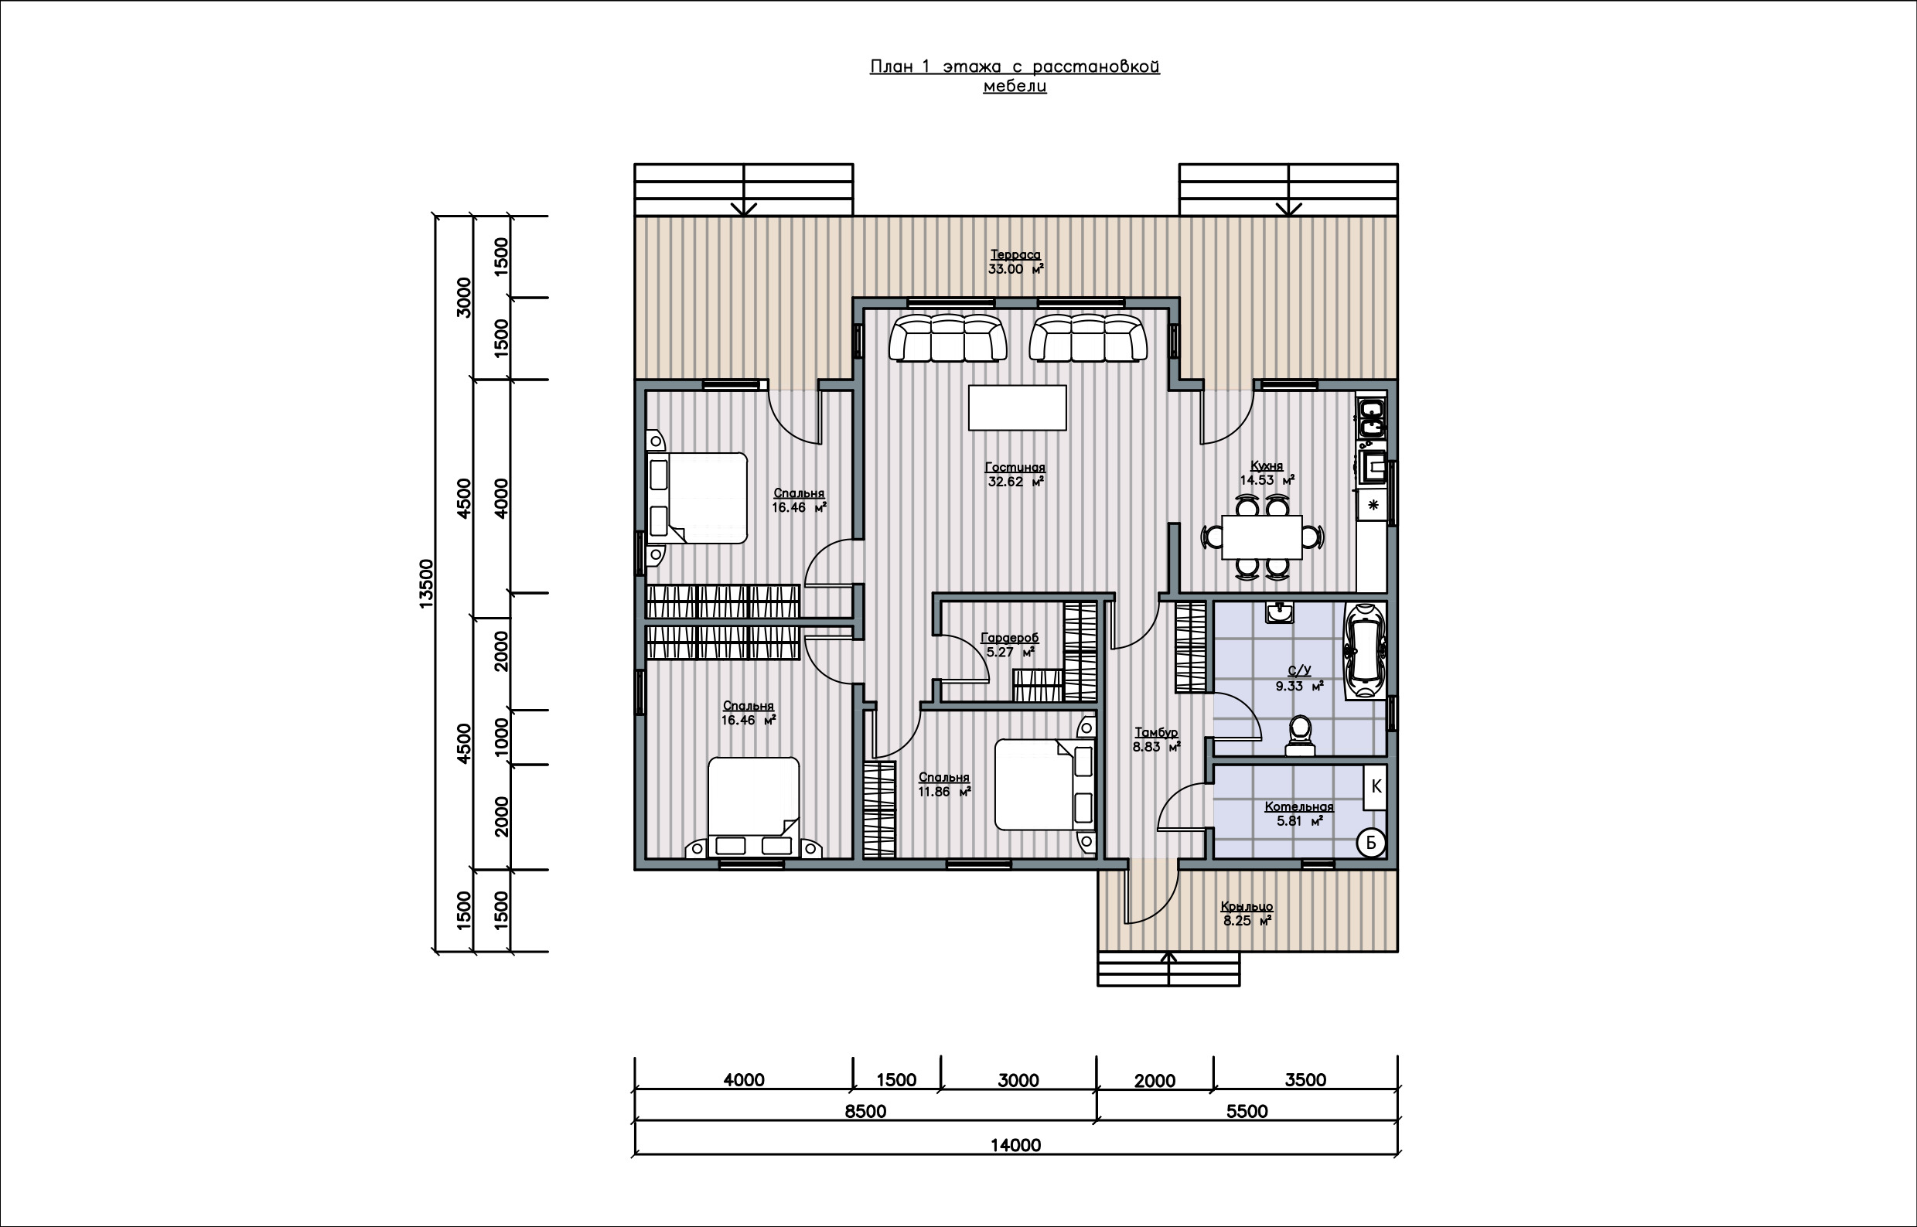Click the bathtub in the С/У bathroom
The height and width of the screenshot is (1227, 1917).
click(x=1365, y=651)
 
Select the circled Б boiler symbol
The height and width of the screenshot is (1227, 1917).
click(x=1371, y=843)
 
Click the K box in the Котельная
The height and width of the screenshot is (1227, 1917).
click(x=1375, y=787)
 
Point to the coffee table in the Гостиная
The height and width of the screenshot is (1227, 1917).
click(x=1018, y=408)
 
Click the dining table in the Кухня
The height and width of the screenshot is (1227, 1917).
click(x=1262, y=537)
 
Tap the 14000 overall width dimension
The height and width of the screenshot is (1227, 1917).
click(x=1016, y=1145)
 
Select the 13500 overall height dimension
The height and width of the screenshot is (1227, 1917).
click(x=426, y=584)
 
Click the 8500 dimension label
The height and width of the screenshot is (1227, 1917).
click(x=865, y=1111)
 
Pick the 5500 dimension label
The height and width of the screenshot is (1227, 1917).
click(x=1247, y=1111)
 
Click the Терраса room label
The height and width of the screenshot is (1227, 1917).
click(x=1016, y=255)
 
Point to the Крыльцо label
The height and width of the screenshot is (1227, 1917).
click(x=1247, y=907)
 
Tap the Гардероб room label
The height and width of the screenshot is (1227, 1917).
click(x=1009, y=638)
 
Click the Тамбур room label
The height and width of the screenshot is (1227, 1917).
click(x=1156, y=732)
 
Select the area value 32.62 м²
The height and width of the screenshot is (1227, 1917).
click(x=1016, y=482)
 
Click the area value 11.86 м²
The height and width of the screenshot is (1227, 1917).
click(x=944, y=792)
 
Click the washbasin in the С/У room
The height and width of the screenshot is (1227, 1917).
click(x=1280, y=612)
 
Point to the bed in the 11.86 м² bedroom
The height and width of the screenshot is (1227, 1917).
click(x=1045, y=784)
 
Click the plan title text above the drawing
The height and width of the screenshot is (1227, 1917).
click(x=1015, y=76)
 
